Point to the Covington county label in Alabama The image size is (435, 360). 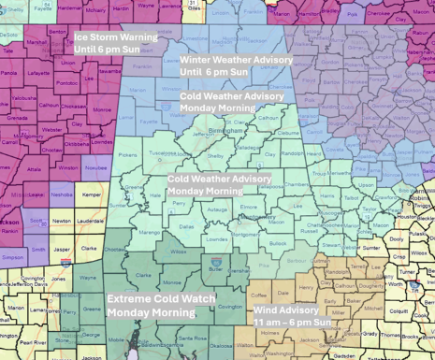point(230,306)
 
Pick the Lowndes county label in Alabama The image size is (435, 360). point(216,238)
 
